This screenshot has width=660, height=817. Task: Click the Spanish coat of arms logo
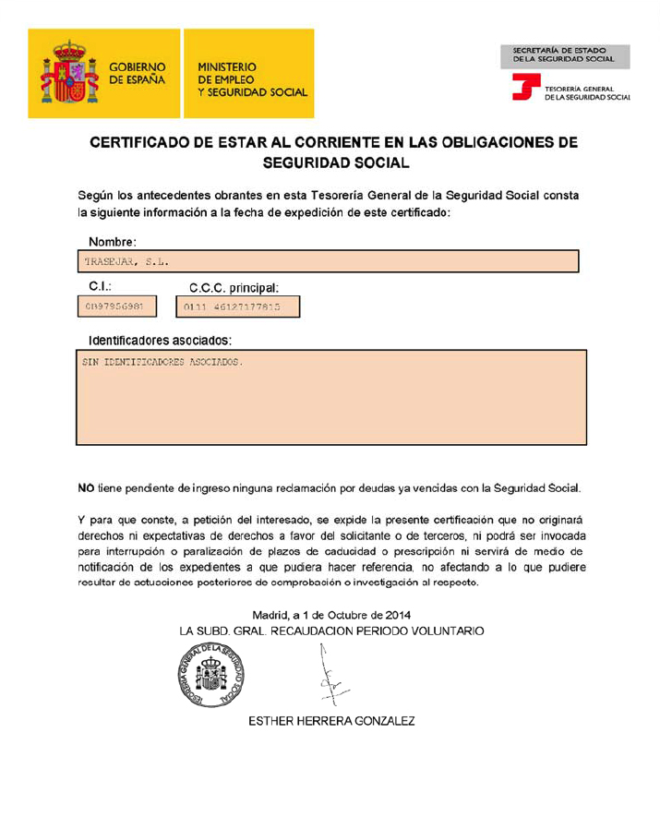coord(64,74)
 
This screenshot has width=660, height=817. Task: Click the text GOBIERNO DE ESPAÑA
coord(138,74)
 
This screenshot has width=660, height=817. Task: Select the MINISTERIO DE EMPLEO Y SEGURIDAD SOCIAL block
coord(251,79)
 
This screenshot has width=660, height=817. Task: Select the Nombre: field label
coord(113,242)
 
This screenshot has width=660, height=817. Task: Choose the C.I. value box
coord(116,306)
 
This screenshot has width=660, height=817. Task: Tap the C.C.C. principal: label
coord(234,288)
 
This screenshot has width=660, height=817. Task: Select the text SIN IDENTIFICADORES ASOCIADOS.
coord(162,362)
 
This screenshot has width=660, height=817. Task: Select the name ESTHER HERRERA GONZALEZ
coord(331,721)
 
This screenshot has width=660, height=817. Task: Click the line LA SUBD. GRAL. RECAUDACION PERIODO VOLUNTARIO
coord(331,631)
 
